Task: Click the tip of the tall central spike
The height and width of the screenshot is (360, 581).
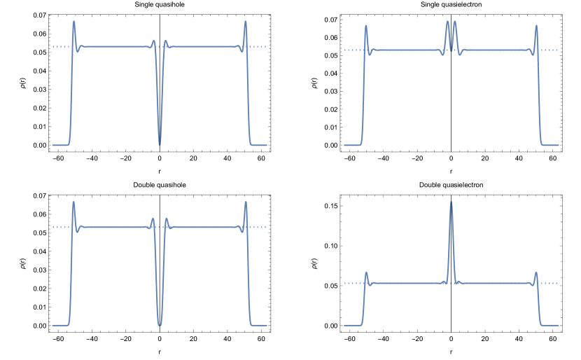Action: point(451,202)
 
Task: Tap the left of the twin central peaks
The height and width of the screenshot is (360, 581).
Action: point(447,22)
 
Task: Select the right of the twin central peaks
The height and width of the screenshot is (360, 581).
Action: point(455,22)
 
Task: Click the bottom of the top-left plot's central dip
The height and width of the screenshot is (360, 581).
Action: point(160,144)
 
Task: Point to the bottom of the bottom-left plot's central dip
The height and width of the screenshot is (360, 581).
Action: point(160,325)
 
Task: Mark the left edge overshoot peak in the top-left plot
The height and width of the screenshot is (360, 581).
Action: point(73,21)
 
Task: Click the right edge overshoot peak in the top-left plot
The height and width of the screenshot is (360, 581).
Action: point(245,22)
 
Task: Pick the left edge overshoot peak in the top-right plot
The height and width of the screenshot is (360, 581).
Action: point(365,25)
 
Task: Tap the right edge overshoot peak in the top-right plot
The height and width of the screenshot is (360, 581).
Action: point(536,26)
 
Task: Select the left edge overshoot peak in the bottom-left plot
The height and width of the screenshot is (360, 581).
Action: point(73,202)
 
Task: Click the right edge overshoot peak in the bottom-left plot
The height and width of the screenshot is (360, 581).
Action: point(245,202)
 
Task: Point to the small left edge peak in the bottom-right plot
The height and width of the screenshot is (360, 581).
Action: point(365,272)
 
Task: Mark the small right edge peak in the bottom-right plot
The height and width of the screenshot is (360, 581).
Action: point(536,272)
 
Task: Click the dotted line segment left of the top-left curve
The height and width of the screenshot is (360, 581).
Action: point(59,47)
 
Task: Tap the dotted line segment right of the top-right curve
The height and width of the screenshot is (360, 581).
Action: point(550,50)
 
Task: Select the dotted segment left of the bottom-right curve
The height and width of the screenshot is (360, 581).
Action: point(351,283)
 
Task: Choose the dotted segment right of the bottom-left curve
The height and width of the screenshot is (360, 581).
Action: point(259,227)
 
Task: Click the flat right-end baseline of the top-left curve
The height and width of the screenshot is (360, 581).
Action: point(260,145)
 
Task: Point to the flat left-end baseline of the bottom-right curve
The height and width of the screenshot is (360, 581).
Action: point(351,325)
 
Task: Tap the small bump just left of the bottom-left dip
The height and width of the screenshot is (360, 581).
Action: point(153,219)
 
